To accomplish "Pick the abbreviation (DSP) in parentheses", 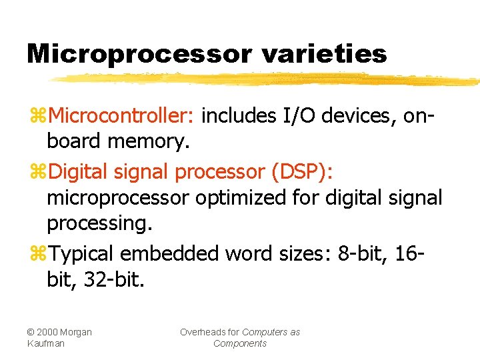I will tap(303, 171).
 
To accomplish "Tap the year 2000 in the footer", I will tap(48, 332).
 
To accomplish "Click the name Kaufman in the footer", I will tap(46, 343).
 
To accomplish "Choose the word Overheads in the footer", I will tap(209, 332).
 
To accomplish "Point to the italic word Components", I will tap(240, 343).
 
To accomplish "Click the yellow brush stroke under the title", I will tap(267, 79).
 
